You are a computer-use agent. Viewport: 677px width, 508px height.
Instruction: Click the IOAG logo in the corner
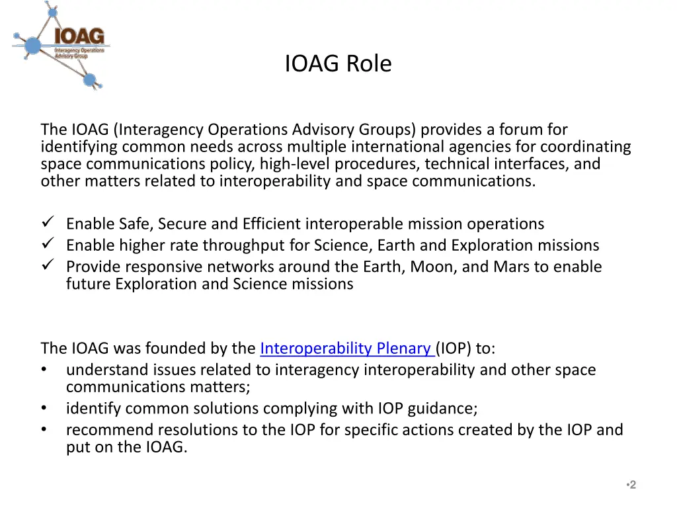click(x=61, y=44)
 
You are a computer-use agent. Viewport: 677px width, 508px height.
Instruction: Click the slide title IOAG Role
click(x=338, y=63)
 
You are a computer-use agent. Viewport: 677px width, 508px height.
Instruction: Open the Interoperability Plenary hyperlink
click(x=346, y=348)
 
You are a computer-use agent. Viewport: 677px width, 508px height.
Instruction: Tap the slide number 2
click(x=632, y=485)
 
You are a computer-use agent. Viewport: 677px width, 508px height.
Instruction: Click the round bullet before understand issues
click(x=44, y=370)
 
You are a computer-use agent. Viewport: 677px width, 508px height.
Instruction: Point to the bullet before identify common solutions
click(x=44, y=408)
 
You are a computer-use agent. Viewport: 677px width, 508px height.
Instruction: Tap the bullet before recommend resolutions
click(x=44, y=430)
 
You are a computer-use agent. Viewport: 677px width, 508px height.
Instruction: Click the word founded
click(x=180, y=348)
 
